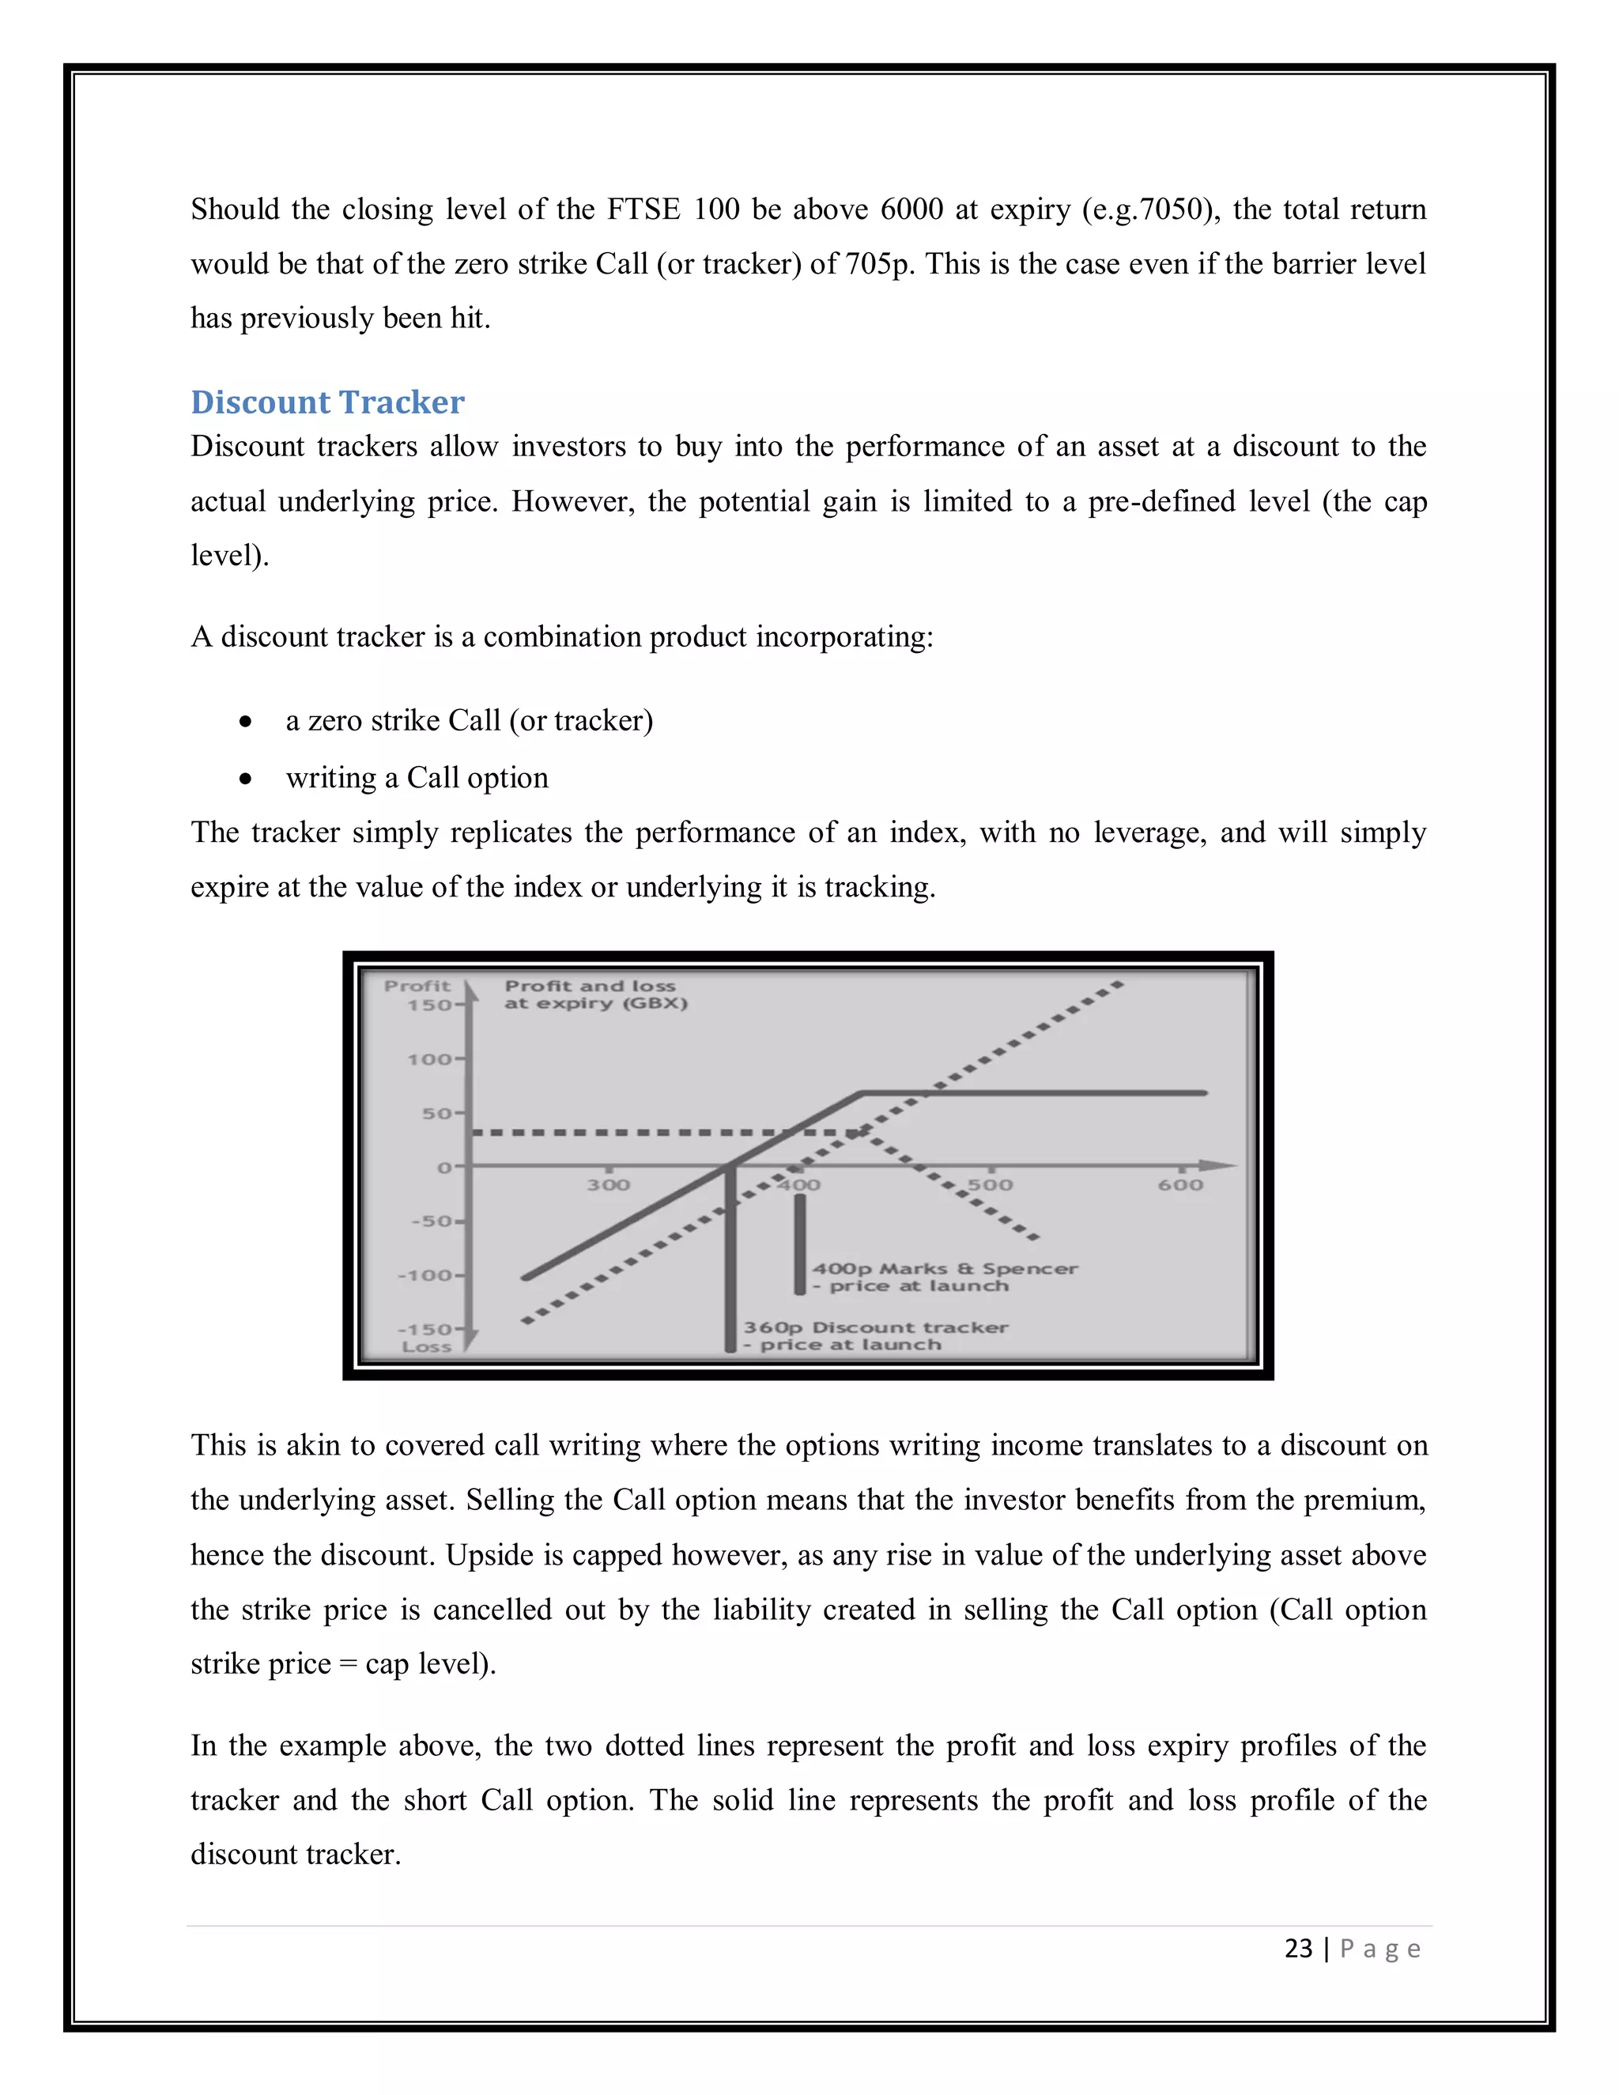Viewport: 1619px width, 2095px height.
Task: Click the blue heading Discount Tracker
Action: (327, 402)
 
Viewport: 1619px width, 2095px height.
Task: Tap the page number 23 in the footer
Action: (1298, 1948)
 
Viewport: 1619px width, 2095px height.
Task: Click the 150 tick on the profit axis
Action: (428, 1004)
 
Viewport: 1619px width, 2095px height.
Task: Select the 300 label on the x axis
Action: (608, 1185)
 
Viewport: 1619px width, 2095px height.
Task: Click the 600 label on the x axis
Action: (1179, 1185)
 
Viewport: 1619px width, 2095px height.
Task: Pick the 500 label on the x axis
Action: (990, 1185)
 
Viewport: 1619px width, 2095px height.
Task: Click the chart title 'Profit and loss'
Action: (590, 985)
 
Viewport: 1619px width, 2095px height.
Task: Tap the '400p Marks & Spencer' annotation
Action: (945, 1268)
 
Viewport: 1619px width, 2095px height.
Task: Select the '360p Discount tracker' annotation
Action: (875, 1327)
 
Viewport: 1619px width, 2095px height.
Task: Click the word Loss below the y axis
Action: (426, 1347)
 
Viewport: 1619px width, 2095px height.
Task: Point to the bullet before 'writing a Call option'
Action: (247, 779)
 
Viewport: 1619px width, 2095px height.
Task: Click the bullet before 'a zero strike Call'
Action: (247, 721)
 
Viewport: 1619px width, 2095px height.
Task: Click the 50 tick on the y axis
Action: (436, 1113)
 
